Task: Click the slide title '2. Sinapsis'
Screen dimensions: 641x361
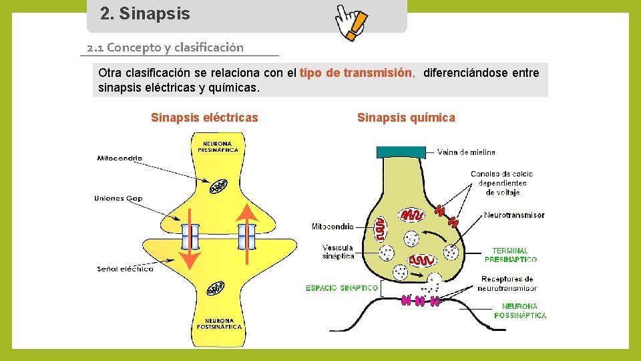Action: click(145, 13)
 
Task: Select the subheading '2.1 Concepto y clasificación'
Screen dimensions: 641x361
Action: click(165, 47)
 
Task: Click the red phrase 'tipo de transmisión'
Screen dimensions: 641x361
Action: click(356, 73)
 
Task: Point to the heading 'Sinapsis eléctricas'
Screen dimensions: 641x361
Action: click(204, 118)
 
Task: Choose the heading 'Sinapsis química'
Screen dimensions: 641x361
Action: click(406, 118)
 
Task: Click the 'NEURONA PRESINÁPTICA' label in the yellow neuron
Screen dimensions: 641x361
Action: click(218, 146)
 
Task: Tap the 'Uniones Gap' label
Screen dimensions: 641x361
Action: click(118, 198)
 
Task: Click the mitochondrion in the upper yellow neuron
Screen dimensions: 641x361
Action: click(218, 187)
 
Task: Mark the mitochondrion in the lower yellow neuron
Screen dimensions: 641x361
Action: click(216, 288)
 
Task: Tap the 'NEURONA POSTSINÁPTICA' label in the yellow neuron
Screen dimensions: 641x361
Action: click(218, 324)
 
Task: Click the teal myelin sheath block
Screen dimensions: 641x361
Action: click(401, 152)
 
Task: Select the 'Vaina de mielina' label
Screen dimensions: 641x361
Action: click(466, 152)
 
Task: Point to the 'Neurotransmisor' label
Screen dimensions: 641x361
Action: click(514, 215)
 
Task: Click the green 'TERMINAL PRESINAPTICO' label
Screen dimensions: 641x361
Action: click(510, 255)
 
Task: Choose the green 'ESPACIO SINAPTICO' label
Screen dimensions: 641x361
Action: click(342, 288)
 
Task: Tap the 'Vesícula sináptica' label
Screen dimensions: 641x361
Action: click(338, 252)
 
